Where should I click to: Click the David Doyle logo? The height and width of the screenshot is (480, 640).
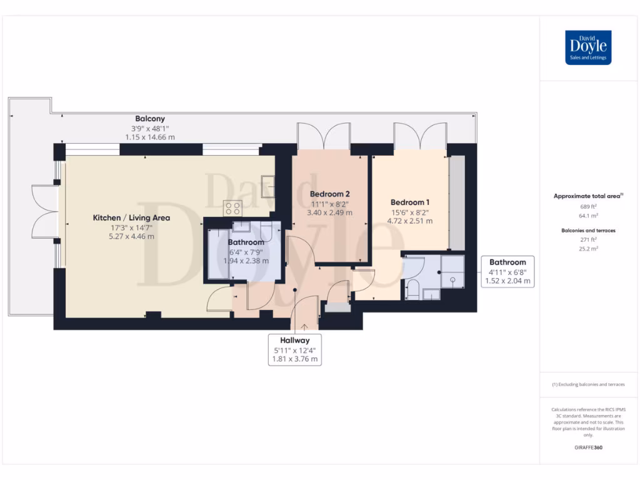click(587, 47)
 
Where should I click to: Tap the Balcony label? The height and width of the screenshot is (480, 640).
click(150, 119)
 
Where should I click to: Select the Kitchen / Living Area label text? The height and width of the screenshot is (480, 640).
click(131, 217)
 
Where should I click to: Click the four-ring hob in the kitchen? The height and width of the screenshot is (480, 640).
click(232, 207)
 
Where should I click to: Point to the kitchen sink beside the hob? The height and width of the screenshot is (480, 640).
click(267, 186)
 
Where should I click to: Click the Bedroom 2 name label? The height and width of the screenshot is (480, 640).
click(329, 194)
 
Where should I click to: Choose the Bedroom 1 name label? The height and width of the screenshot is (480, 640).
click(409, 202)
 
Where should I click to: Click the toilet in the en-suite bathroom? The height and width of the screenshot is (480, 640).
click(412, 289)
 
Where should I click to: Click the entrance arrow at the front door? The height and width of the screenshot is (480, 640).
click(304, 326)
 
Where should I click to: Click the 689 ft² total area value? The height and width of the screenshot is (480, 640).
click(587, 206)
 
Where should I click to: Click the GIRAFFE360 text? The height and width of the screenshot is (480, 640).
click(587, 447)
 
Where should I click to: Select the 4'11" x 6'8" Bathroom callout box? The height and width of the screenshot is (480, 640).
click(507, 272)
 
